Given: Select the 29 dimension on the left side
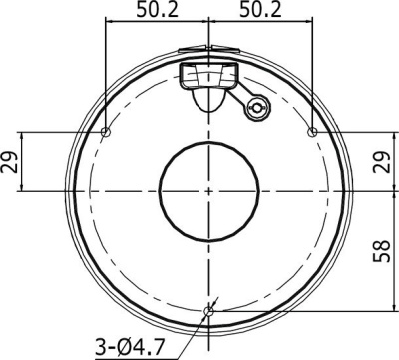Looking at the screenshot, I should (x=11, y=161).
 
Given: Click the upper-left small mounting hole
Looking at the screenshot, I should (x=106, y=132).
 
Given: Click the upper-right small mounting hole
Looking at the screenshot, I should (x=312, y=132).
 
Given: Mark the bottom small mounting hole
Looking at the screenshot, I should (x=208, y=311).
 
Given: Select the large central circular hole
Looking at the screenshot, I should (x=208, y=190).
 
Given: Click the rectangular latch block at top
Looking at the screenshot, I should (x=208, y=74).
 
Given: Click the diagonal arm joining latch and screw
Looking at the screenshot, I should (x=242, y=97).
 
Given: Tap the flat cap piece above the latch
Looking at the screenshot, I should (x=208, y=51).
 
